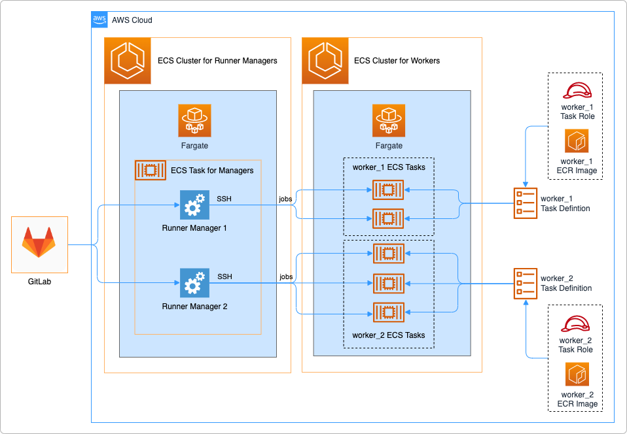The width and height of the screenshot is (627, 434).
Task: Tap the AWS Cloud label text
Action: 132,20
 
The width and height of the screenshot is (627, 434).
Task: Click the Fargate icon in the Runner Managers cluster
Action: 194,120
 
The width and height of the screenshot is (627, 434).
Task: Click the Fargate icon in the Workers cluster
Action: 389,120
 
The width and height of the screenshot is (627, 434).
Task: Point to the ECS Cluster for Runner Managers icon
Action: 128,61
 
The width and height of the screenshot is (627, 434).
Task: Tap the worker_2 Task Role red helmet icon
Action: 576,323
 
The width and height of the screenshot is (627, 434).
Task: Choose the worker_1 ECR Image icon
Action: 577,141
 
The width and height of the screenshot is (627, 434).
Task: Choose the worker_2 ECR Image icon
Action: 576,375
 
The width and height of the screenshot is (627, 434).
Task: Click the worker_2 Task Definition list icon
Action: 525,282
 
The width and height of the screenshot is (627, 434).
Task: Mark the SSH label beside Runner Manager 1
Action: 224,199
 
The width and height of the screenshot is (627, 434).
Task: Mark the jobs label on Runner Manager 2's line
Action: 286,276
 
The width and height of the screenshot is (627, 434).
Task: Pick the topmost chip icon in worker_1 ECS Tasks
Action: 388,190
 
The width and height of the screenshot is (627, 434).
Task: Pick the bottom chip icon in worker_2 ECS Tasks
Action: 388,313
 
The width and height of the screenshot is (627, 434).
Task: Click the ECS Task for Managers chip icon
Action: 150,171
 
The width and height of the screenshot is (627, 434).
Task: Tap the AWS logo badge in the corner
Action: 99,20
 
